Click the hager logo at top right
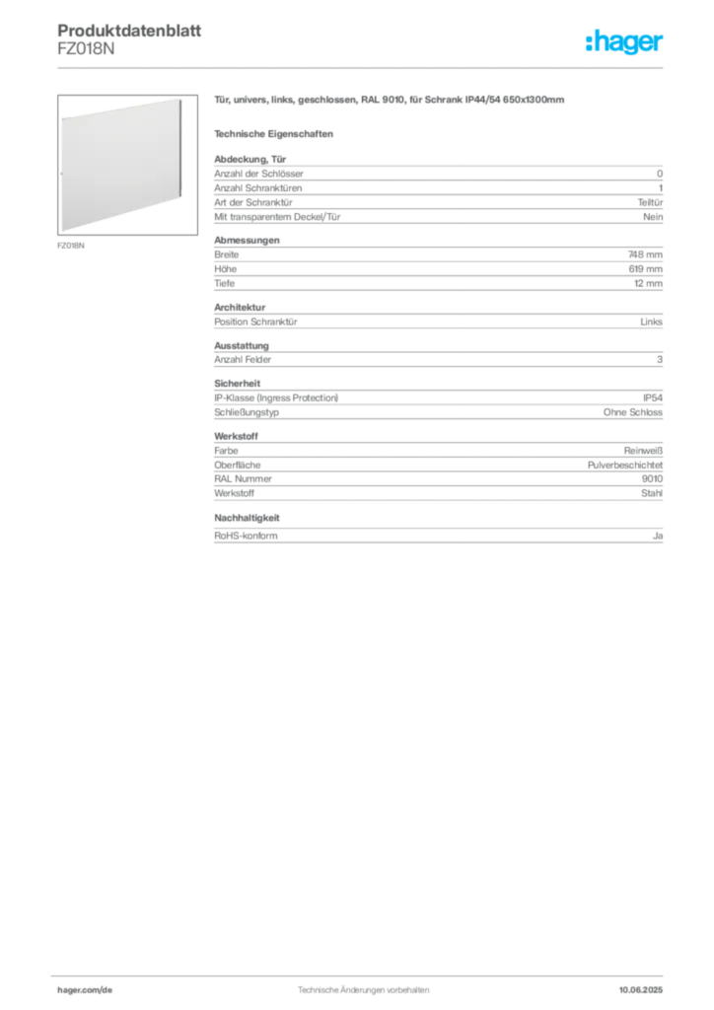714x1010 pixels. pyautogui.click(x=624, y=42)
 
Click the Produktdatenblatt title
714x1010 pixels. pyautogui.click(x=129, y=31)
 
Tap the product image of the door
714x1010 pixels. pyautogui.click(x=127, y=165)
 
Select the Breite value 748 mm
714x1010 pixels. pyautogui.click(x=645, y=254)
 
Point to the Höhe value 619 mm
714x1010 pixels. pyautogui.click(x=646, y=268)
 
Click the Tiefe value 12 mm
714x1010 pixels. pyautogui.click(x=648, y=283)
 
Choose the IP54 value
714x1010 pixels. pyautogui.click(x=653, y=398)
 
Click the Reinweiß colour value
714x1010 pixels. pyautogui.click(x=643, y=451)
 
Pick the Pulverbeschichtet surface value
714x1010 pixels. pyautogui.click(x=625, y=466)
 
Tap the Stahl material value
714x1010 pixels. pyautogui.click(x=652, y=493)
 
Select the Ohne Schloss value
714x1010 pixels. pyautogui.click(x=633, y=412)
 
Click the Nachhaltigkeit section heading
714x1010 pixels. pyautogui.click(x=247, y=518)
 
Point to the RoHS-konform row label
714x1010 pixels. pyautogui.click(x=246, y=536)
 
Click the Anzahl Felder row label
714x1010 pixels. pyautogui.click(x=243, y=359)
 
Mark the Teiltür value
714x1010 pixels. pyautogui.click(x=650, y=202)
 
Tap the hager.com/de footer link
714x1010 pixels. pyautogui.click(x=85, y=990)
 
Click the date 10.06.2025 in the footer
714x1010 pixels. pyautogui.click(x=641, y=990)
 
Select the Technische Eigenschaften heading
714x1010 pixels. pyautogui.click(x=273, y=134)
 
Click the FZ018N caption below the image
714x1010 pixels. pyautogui.click(x=71, y=246)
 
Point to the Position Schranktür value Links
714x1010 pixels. pyautogui.click(x=652, y=322)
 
